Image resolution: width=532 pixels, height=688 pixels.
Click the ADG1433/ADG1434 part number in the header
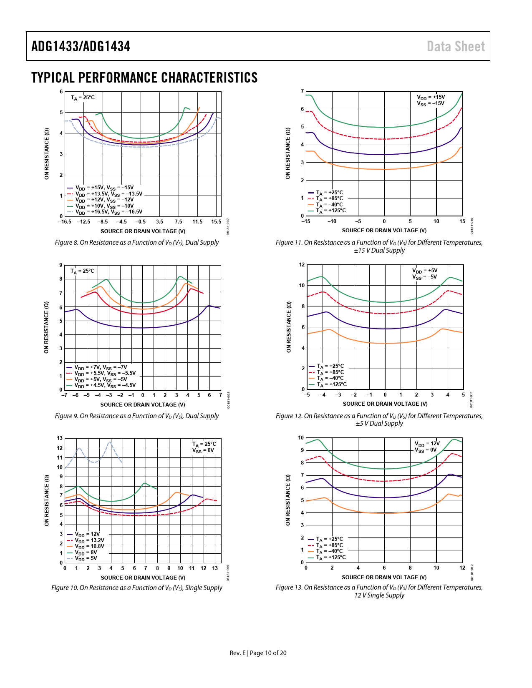81,46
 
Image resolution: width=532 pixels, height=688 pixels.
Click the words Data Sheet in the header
456,46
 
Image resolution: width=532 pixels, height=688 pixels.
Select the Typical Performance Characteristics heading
144,78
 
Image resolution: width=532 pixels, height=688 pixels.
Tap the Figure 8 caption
137,243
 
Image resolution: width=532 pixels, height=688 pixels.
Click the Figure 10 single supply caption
137,588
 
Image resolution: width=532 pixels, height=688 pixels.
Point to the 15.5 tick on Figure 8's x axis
216,222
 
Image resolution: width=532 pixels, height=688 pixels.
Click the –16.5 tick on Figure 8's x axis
65,222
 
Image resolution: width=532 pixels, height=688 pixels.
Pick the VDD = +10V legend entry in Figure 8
104,206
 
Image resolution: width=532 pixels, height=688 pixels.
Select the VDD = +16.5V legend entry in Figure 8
108,212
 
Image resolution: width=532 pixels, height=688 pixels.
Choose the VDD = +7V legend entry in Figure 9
101,368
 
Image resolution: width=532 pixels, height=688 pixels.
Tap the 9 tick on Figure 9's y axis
61,265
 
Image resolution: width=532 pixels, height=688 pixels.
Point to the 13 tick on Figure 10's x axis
215,568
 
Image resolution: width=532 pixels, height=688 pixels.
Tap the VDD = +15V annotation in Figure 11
431,97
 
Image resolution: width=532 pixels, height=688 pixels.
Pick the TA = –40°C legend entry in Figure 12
331,379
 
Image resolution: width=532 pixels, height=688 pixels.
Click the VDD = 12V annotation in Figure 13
427,444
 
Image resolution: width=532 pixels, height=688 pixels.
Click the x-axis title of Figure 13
384,578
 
